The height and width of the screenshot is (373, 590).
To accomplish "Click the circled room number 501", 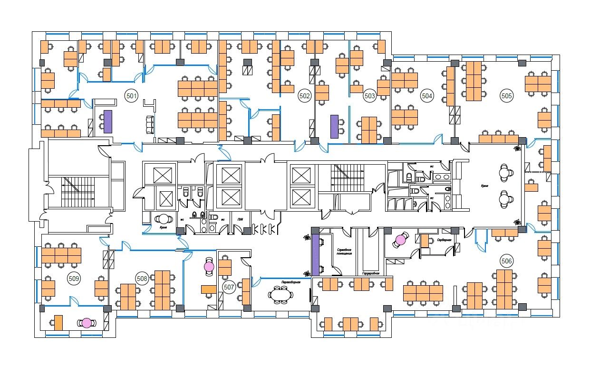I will tap(132, 96).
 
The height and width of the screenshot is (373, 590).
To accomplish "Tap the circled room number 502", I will tap(304, 96).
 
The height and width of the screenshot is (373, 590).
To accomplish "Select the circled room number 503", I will tap(369, 96).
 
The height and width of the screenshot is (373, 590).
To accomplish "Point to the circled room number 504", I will tap(427, 96).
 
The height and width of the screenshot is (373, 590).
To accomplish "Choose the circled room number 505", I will tap(507, 96).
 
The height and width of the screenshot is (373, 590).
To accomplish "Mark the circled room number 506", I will tap(507, 261).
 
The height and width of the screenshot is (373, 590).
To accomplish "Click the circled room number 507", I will tap(229, 287).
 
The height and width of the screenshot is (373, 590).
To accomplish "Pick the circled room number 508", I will tap(141, 278).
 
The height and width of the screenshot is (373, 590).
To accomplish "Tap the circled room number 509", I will tap(74, 279).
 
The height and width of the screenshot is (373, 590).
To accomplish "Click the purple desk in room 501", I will tap(107, 121).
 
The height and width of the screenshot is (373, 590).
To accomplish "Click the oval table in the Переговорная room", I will tap(280, 295).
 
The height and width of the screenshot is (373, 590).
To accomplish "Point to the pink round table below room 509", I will tap(86, 323).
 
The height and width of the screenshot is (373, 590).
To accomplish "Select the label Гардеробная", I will tap(370, 273).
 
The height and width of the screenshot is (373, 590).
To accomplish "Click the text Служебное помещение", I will tap(344, 252).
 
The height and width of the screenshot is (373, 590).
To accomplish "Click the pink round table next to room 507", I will tap(209, 267).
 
